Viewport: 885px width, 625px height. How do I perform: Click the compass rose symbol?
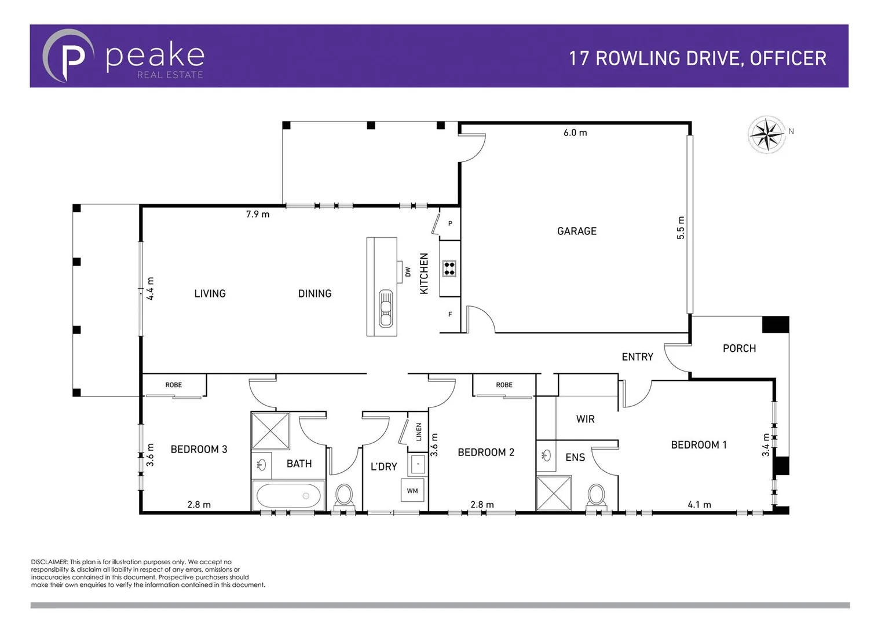coord(767,134)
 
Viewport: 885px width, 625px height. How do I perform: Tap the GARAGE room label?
coord(576,231)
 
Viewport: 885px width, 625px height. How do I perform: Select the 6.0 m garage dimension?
coord(575,133)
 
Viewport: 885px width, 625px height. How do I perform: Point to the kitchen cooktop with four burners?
coord(449,268)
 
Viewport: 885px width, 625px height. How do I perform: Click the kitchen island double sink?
coord(385,308)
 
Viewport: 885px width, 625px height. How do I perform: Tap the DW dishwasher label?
coord(408,271)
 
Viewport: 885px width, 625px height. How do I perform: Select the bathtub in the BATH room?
coord(288,496)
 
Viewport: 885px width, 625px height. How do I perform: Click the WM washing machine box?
coord(412,491)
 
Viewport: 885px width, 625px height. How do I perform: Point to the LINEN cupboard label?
coord(419,432)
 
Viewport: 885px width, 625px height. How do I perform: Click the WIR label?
coord(585,419)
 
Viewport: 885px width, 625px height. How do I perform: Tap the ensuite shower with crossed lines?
coord(554,493)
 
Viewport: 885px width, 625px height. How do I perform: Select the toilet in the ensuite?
coord(596,495)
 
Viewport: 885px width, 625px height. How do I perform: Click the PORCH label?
coord(739,348)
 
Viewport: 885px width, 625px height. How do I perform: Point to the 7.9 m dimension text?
coord(257,214)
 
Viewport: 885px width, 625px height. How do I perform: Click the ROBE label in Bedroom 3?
coord(173,385)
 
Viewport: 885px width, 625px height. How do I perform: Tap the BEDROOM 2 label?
coord(485,452)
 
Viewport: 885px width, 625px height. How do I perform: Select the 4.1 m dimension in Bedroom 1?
coord(699,505)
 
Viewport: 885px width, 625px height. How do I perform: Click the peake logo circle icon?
coord(68,56)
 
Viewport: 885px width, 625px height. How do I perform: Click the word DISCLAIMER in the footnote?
coord(49,562)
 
